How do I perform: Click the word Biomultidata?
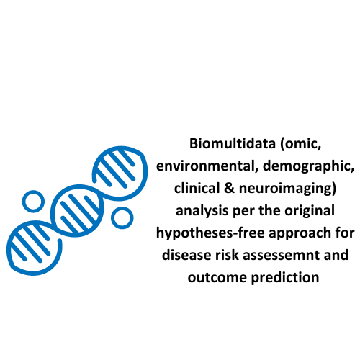[233, 143]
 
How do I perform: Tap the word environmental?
[207, 166]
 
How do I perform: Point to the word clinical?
[197, 188]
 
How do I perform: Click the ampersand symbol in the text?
[230, 188]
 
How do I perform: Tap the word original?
[310, 211]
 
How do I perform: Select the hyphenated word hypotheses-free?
[210, 233]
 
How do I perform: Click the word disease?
[186, 255]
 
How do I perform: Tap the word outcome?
[217, 277]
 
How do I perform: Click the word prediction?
[285, 278]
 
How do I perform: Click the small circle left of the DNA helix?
[33, 191]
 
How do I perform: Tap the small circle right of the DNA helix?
[122, 207]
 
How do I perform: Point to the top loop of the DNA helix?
[120, 148]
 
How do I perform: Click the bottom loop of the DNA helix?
[34, 273]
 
